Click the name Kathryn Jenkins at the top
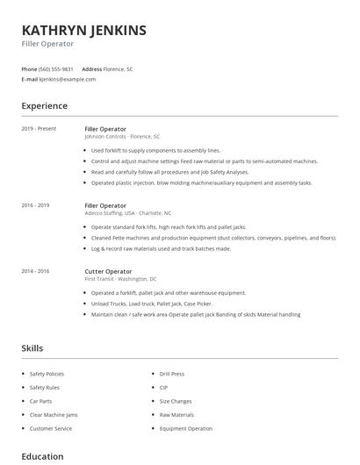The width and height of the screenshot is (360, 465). point(83,30)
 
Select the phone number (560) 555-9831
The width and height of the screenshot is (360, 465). point(56,68)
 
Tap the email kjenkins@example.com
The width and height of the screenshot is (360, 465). point(68,79)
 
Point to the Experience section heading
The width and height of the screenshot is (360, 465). point(44,106)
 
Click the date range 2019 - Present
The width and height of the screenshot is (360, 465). point(39,128)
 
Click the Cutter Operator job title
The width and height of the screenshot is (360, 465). point(108,271)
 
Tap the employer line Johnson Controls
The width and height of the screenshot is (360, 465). point(122,137)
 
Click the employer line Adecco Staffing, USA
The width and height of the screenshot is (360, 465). point(127,213)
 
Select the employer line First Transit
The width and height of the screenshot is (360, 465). point(120,279)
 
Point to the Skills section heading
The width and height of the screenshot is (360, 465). point(32,348)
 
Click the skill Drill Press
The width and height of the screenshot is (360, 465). point(171,374)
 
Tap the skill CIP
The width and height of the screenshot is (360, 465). point(163,387)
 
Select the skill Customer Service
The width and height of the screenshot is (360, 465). point(52,428)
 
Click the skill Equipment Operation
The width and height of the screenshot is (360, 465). point(185,428)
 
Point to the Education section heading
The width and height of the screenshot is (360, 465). point(42,456)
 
